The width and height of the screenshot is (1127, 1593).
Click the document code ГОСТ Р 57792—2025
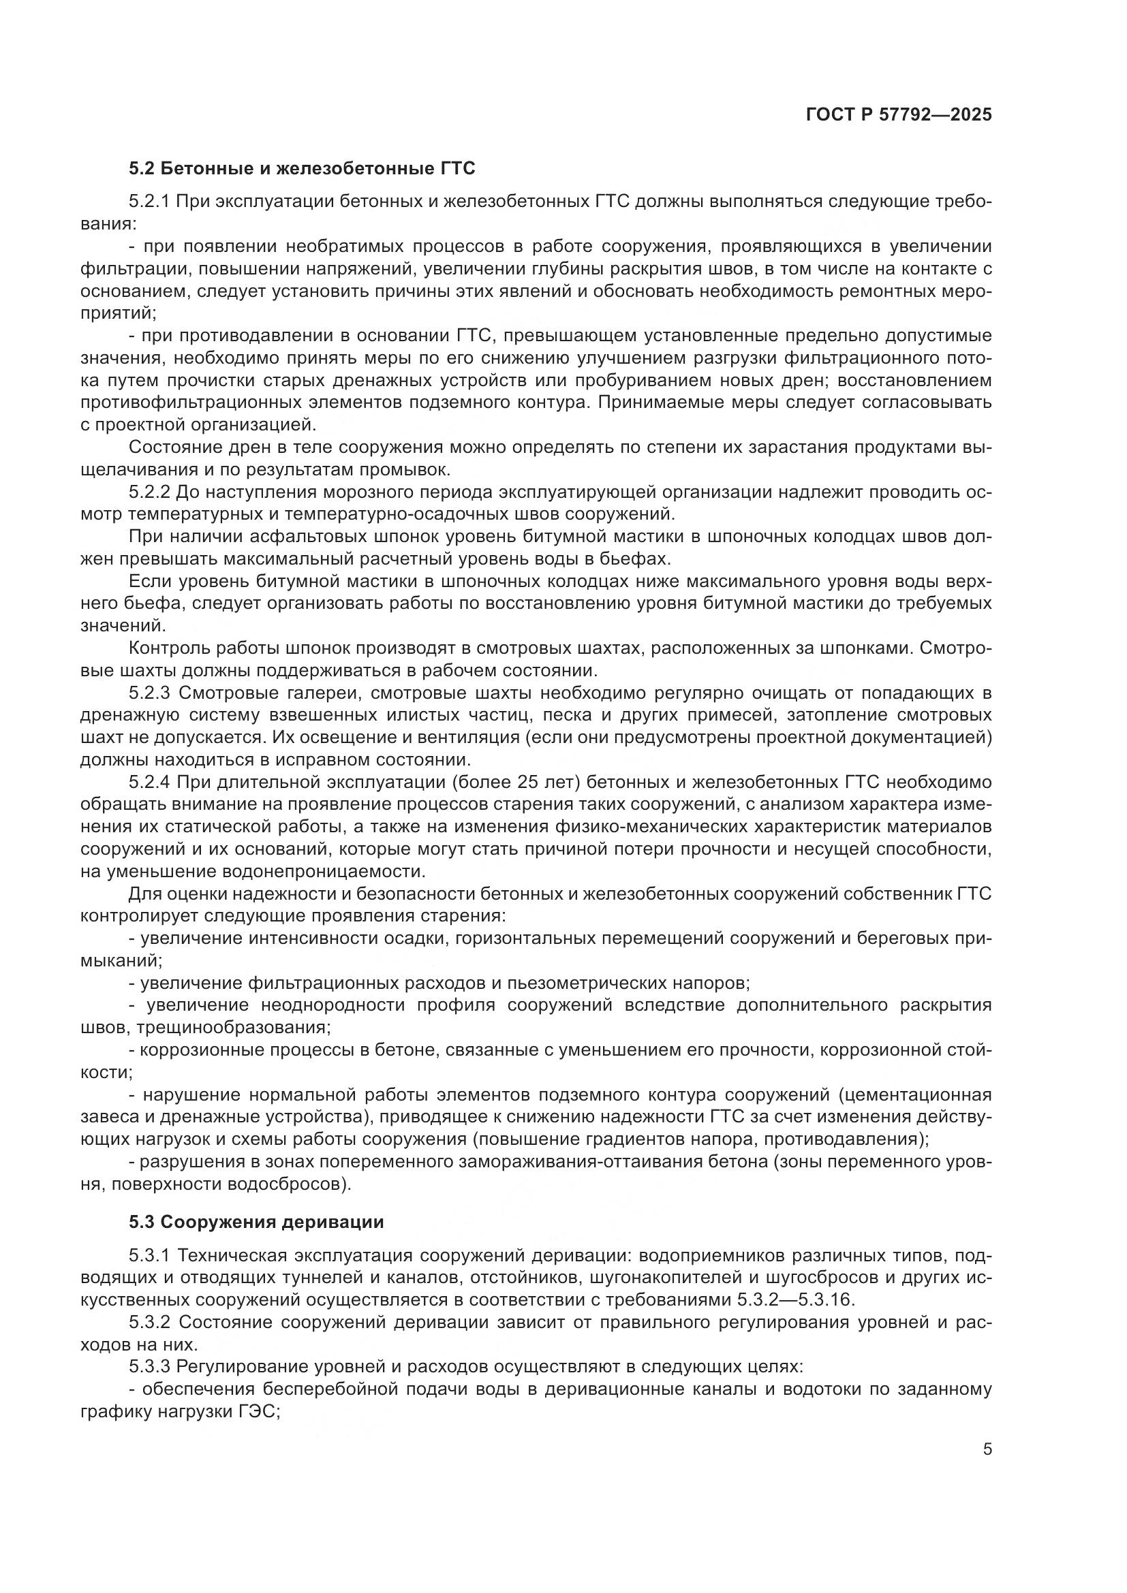tap(899, 114)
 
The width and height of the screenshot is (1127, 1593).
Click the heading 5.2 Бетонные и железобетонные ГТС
tap(302, 169)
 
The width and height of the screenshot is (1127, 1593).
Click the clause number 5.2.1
tap(149, 202)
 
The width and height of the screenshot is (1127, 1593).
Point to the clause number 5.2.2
tap(149, 492)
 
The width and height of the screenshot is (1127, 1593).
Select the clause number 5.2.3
tap(149, 693)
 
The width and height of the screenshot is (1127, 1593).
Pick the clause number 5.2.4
tap(149, 783)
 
